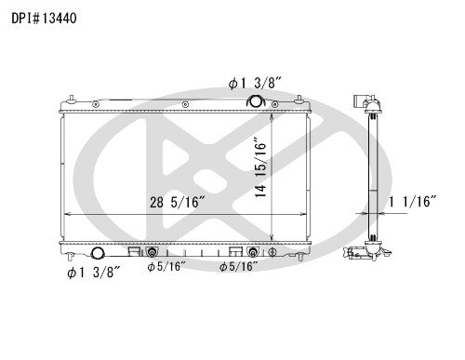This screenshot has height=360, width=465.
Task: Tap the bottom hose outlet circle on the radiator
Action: tap(100, 254)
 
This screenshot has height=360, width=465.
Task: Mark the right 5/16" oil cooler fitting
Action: tap(253, 252)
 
